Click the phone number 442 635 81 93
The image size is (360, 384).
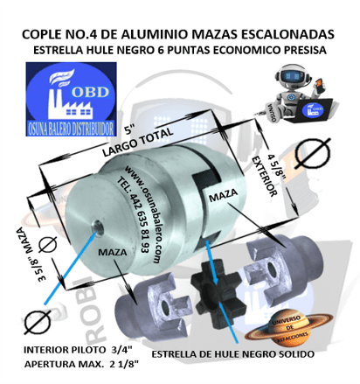pyautogui.click(x=132, y=221)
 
